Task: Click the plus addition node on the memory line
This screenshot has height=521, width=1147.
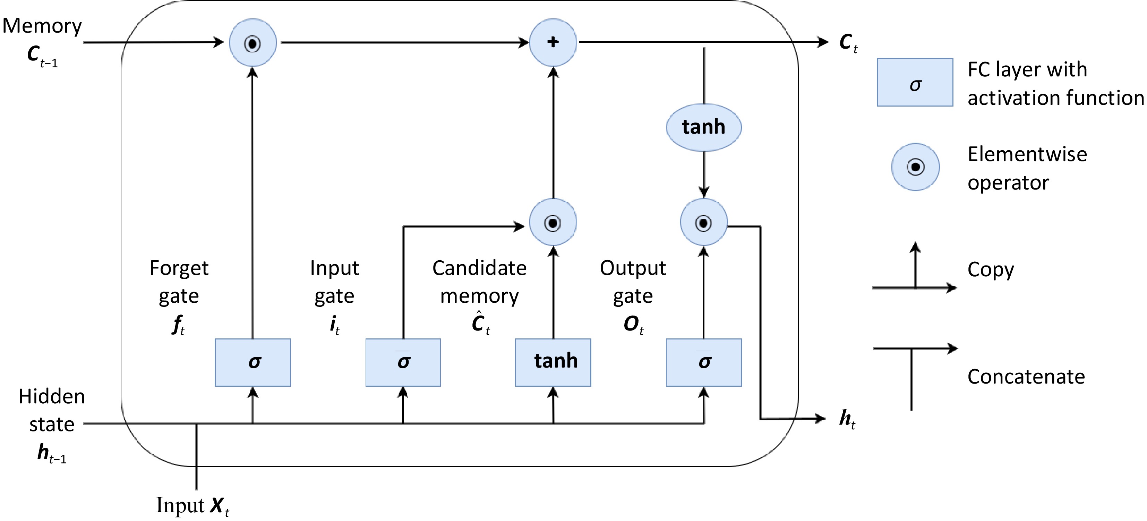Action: [x=553, y=42]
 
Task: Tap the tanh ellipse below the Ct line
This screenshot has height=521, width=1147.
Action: [x=703, y=127]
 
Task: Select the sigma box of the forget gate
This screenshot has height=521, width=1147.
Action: [x=253, y=362]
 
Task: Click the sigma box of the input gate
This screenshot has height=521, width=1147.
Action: [x=403, y=362]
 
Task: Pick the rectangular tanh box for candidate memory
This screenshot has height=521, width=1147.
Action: [x=553, y=362]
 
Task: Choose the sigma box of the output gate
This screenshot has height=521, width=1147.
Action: [x=703, y=362]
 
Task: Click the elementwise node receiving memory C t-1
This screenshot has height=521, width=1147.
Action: [x=253, y=43]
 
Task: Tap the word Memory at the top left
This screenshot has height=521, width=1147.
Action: [x=42, y=26]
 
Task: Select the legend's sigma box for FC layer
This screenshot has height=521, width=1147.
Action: [x=915, y=83]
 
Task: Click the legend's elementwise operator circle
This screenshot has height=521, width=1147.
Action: [x=915, y=167]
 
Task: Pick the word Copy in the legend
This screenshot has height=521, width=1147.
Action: [x=990, y=270]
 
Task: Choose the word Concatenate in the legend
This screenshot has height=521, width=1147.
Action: [x=1026, y=377]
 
